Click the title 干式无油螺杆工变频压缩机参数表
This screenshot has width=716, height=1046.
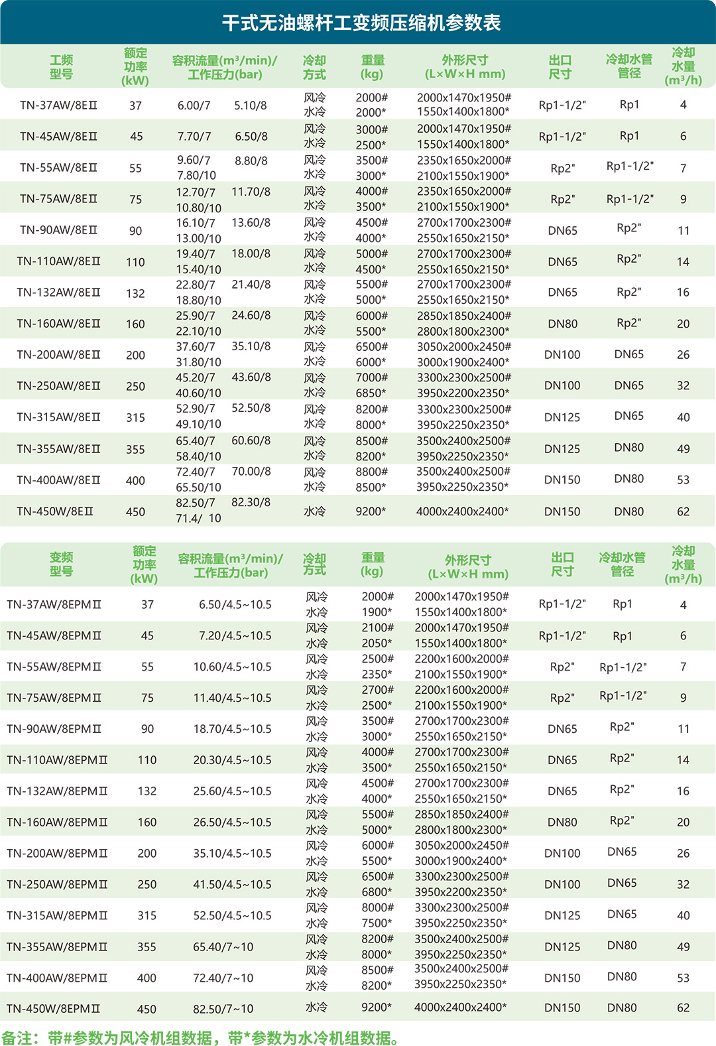pyautogui.click(x=361, y=23)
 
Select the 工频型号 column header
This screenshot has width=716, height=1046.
pyautogui.click(x=61, y=67)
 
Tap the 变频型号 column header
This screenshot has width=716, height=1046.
pyautogui.click(x=61, y=564)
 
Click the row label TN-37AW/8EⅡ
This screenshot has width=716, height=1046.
pyautogui.click(x=58, y=105)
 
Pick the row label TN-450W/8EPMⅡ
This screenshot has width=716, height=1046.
pyautogui.click(x=54, y=1009)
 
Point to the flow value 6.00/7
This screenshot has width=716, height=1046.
pyautogui.click(x=194, y=105)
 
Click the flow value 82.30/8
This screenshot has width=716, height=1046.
pyautogui.click(x=251, y=503)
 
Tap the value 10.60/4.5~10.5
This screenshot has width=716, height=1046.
pyautogui.click(x=232, y=667)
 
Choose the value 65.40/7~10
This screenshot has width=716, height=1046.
pyautogui.click(x=223, y=947)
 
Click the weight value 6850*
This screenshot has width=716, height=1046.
pyautogui.click(x=371, y=393)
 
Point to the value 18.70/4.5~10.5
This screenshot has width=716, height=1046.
pyautogui.click(x=232, y=729)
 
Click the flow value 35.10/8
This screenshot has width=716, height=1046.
pyautogui.click(x=251, y=347)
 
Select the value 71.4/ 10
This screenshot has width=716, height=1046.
pyautogui.click(x=198, y=519)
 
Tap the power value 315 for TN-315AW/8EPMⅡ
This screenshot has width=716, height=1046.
pyautogui.click(x=147, y=916)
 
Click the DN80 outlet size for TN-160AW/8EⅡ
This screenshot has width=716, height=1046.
pyautogui.click(x=562, y=324)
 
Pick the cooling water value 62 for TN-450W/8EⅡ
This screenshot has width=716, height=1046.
pyautogui.click(x=683, y=512)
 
